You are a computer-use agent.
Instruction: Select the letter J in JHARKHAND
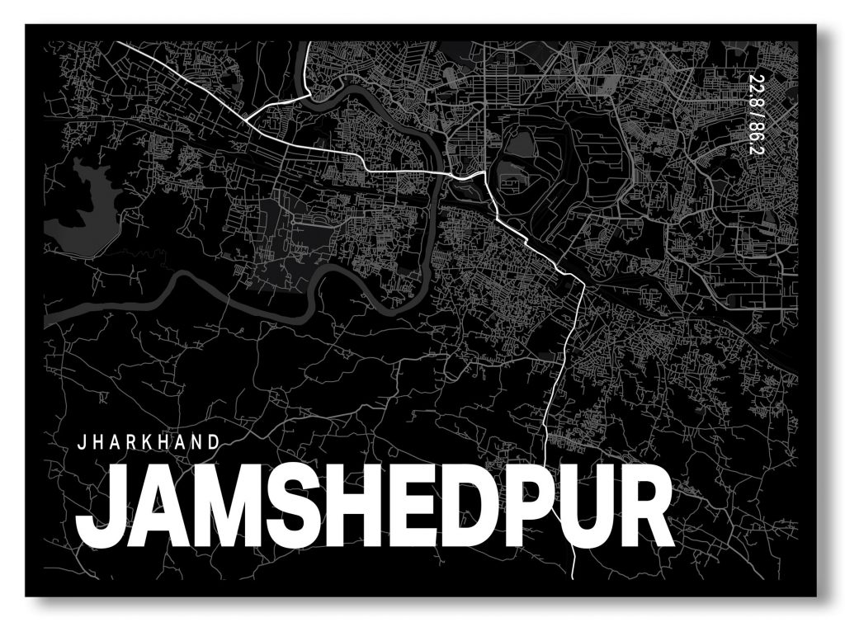[80, 441]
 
